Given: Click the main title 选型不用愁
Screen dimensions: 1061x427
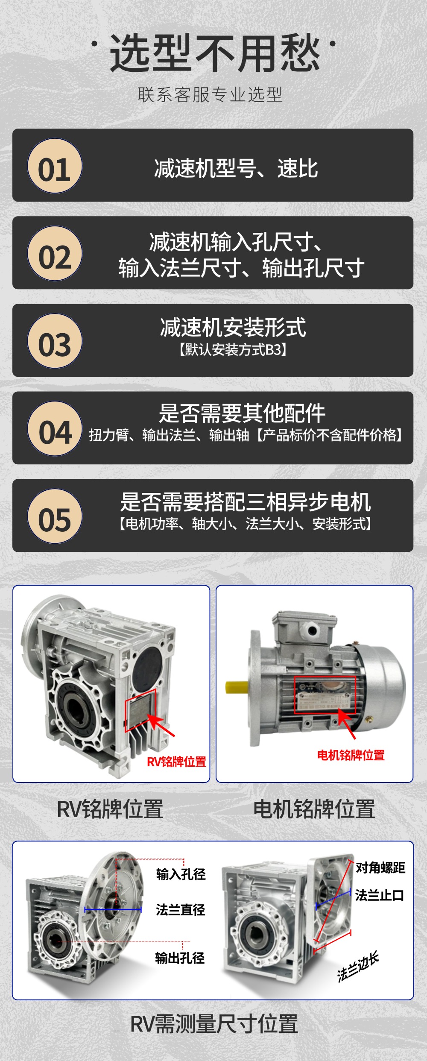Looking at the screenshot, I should pyautogui.click(x=215, y=53).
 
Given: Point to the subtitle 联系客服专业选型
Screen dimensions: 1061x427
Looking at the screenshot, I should pyautogui.click(x=210, y=95).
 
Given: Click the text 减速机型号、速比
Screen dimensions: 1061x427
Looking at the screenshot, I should pyautogui.click(x=236, y=168).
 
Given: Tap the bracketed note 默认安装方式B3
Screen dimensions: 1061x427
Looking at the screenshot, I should pyautogui.click(x=233, y=350).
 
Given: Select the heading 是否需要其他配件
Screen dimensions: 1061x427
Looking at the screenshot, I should pyautogui.click(x=242, y=413).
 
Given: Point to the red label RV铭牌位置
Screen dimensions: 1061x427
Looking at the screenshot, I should pyautogui.click(x=176, y=761).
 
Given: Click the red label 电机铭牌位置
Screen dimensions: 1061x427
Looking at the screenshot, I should pyautogui.click(x=351, y=755).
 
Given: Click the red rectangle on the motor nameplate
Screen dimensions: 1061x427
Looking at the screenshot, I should pyautogui.click(x=325, y=695).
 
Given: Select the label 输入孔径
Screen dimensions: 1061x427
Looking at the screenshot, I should pyautogui.click(x=181, y=874).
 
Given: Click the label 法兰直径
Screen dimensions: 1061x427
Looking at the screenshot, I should pyautogui.click(x=180, y=909).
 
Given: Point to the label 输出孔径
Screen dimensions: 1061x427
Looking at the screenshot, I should pyautogui.click(x=180, y=958).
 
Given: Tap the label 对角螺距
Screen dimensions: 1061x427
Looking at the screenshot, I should pyautogui.click(x=380, y=868).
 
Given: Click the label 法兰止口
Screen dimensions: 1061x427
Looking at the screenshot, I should pyautogui.click(x=379, y=895).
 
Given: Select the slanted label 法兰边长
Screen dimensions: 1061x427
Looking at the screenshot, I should pyautogui.click(x=358, y=967).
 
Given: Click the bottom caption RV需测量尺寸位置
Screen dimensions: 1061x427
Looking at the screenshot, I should pyautogui.click(x=213, y=1024).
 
